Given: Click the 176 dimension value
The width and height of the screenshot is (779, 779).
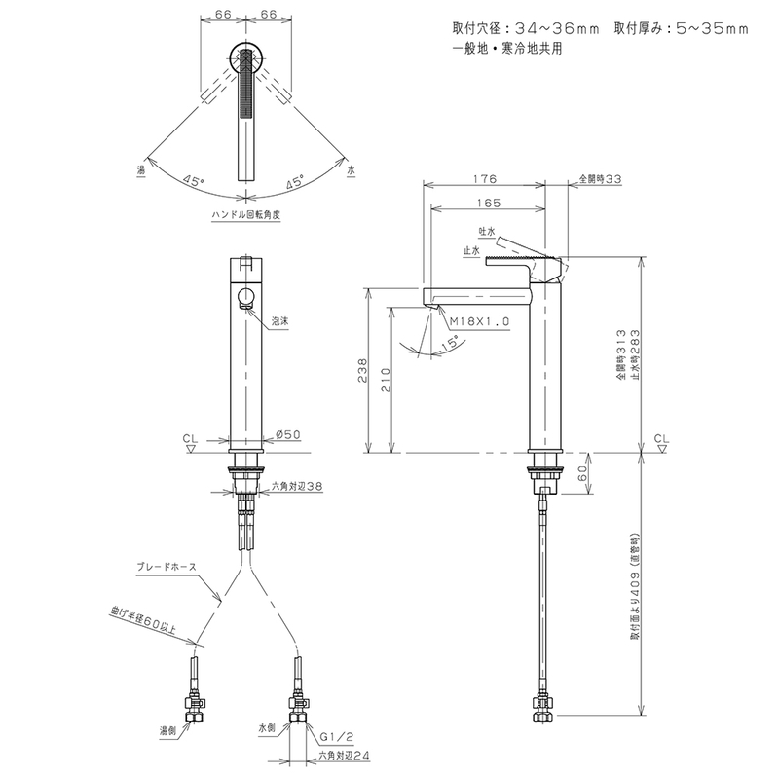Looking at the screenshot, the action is tap(484, 179).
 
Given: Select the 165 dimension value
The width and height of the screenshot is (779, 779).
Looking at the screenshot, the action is tap(490, 203).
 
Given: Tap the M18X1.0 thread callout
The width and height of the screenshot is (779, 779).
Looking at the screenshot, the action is tap(479, 321).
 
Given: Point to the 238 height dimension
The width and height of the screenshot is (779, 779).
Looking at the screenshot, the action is tap(362, 370).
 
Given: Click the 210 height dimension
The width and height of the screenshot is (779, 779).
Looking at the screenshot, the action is tap(386, 380).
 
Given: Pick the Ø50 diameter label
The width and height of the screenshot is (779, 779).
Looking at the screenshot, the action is tap(287, 434).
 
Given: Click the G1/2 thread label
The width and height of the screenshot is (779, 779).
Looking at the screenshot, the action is tap(337, 737).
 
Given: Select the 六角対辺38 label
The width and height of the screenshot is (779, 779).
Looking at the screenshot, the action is tap(297, 486).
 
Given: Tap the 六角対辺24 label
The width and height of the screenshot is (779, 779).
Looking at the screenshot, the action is tap(345, 756).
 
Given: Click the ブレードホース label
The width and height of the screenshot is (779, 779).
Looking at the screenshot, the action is tap(167, 567).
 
